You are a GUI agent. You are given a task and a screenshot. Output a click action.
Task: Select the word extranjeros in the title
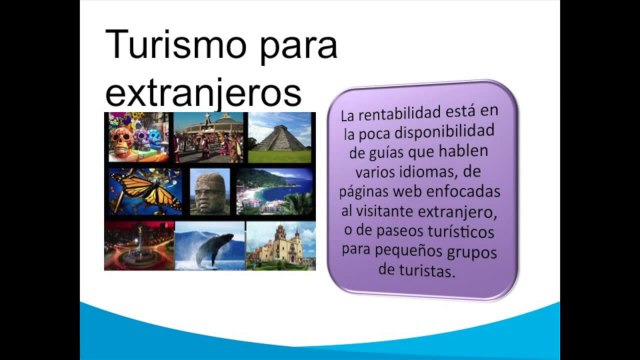(203, 92)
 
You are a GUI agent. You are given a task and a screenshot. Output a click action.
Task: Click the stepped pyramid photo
(280, 138)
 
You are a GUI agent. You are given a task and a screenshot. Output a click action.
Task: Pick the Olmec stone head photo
(210, 191)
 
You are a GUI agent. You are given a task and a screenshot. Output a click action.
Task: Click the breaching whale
(213, 245)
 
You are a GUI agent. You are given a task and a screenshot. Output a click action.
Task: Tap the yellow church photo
(280, 245)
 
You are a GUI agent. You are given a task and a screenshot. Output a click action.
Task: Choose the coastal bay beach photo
(276, 191)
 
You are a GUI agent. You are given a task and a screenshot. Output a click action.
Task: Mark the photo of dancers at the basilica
(208, 137)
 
